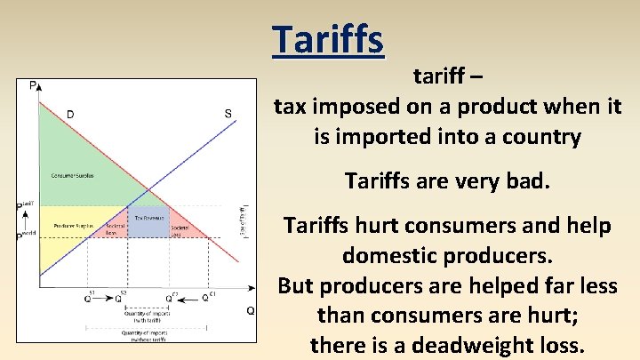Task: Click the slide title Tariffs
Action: pos(328,39)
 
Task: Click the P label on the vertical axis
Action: pos(33,85)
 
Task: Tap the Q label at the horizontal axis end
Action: pos(251,310)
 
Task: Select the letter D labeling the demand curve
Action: pos(69,113)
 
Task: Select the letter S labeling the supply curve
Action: pos(228,113)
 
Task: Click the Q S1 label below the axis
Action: pos(89,297)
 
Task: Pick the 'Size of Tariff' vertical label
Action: pos(241,222)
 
